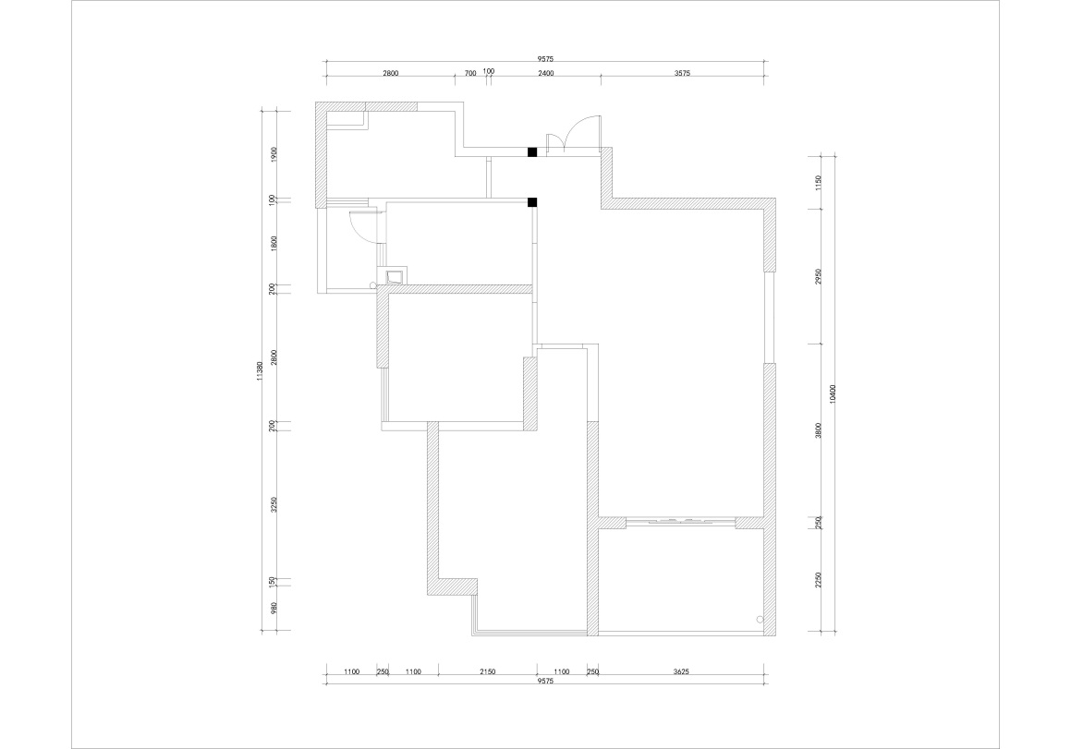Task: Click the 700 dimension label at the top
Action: [x=470, y=73]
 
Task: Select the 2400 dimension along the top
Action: [x=545, y=73]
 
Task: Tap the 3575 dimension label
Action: [x=682, y=73]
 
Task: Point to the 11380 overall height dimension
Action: [x=261, y=371]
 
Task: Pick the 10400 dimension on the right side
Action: [x=832, y=394]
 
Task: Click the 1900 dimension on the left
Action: [x=274, y=154]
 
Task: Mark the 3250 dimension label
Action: [x=274, y=504]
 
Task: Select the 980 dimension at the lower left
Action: [x=274, y=609]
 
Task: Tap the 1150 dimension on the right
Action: [x=819, y=182]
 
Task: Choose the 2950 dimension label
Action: [x=819, y=276]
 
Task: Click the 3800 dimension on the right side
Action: [x=819, y=430]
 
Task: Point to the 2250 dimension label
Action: [x=819, y=580]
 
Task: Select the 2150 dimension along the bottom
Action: [x=487, y=671]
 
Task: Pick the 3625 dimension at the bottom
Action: [x=681, y=671]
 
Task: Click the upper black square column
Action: [x=532, y=151]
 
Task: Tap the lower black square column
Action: [x=532, y=202]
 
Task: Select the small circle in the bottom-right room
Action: [x=761, y=620]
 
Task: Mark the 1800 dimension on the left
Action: [x=274, y=244]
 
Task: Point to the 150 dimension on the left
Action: [x=274, y=581]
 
